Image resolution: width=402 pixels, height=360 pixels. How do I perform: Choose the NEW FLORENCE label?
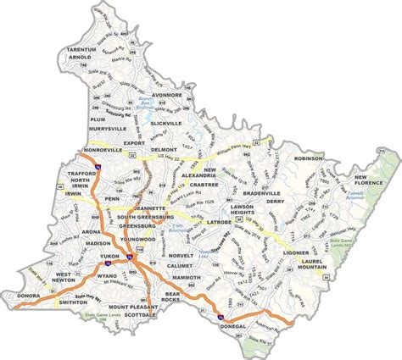click(x=371, y=180)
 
